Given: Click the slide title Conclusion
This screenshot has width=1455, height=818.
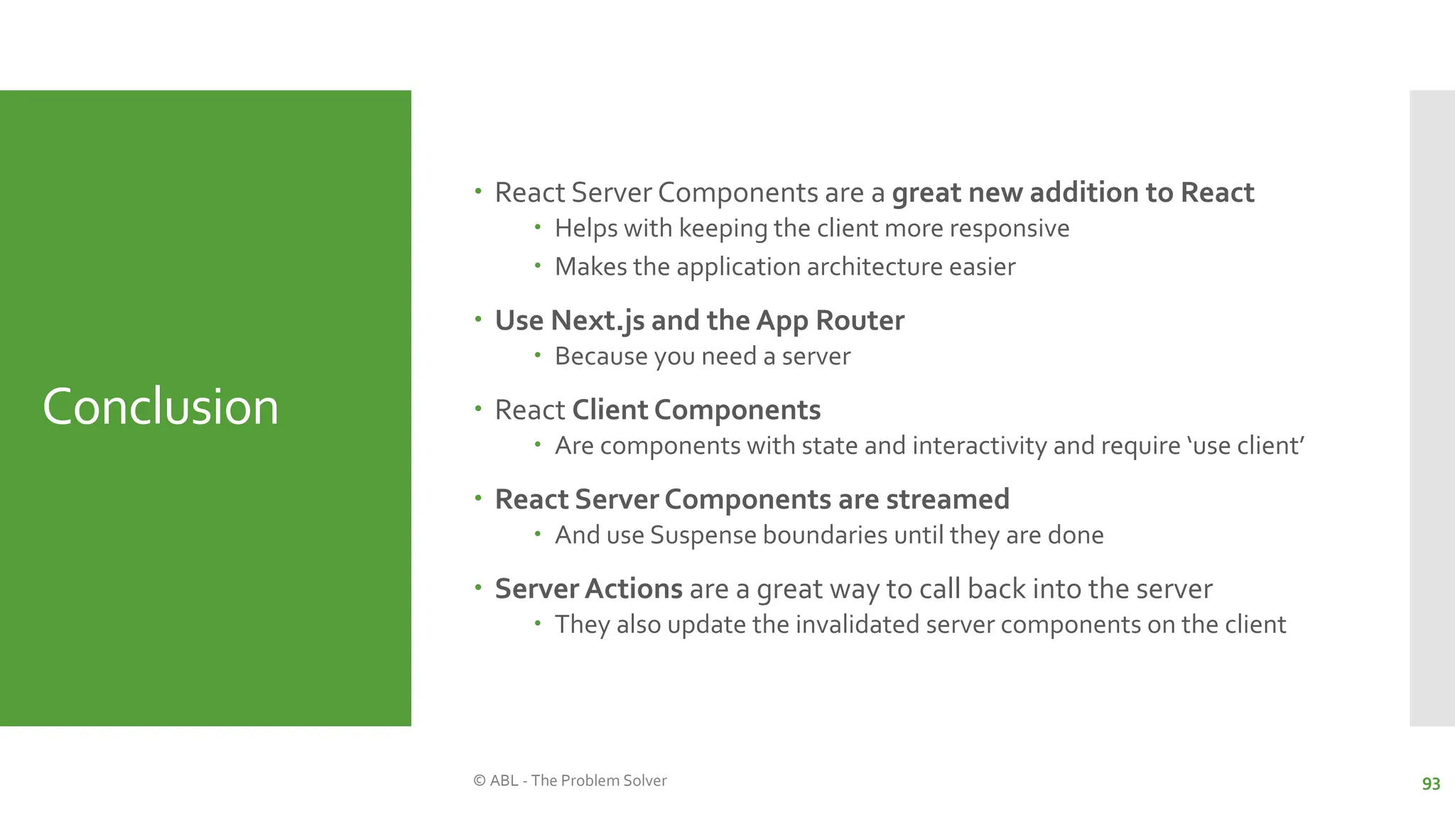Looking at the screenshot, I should (x=161, y=407).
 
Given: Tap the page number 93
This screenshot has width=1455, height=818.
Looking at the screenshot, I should (x=1431, y=784).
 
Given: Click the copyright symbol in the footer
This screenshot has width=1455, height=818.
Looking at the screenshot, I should (x=480, y=780).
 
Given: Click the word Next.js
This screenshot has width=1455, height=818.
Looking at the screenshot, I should (x=597, y=320).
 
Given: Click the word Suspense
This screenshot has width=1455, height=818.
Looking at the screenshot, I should (x=703, y=535).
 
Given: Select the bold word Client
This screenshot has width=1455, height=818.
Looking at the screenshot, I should (x=610, y=410).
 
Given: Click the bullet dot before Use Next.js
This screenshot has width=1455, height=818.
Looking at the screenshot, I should (x=478, y=320).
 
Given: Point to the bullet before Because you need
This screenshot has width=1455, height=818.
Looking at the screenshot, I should (x=538, y=354).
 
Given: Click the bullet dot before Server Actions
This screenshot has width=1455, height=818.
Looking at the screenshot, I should (x=478, y=588).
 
